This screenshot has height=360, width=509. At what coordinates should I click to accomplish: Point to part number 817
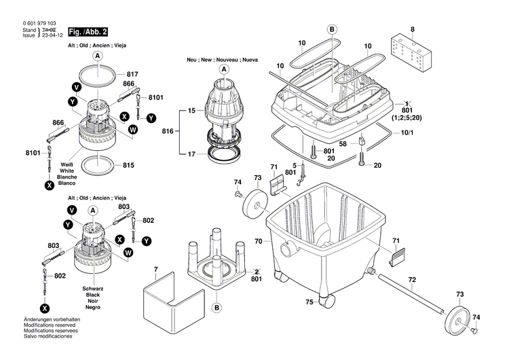click(x=132, y=74)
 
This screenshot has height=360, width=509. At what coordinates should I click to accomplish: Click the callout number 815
click(x=129, y=165)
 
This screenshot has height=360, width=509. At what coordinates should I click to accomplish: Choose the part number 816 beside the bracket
click(x=169, y=130)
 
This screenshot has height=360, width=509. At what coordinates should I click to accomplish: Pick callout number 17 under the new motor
click(x=191, y=154)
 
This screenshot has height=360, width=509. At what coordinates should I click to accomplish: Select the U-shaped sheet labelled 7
click(x=174, y=301)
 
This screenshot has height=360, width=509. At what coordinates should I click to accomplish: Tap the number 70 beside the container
click(x=258, y=241)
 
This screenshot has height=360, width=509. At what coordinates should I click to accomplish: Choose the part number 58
click(x=343, y=144)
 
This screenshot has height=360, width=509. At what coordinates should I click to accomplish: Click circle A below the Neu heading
click(x=223, y=69)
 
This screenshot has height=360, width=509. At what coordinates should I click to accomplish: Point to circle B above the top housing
click(x=332, y=29)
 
